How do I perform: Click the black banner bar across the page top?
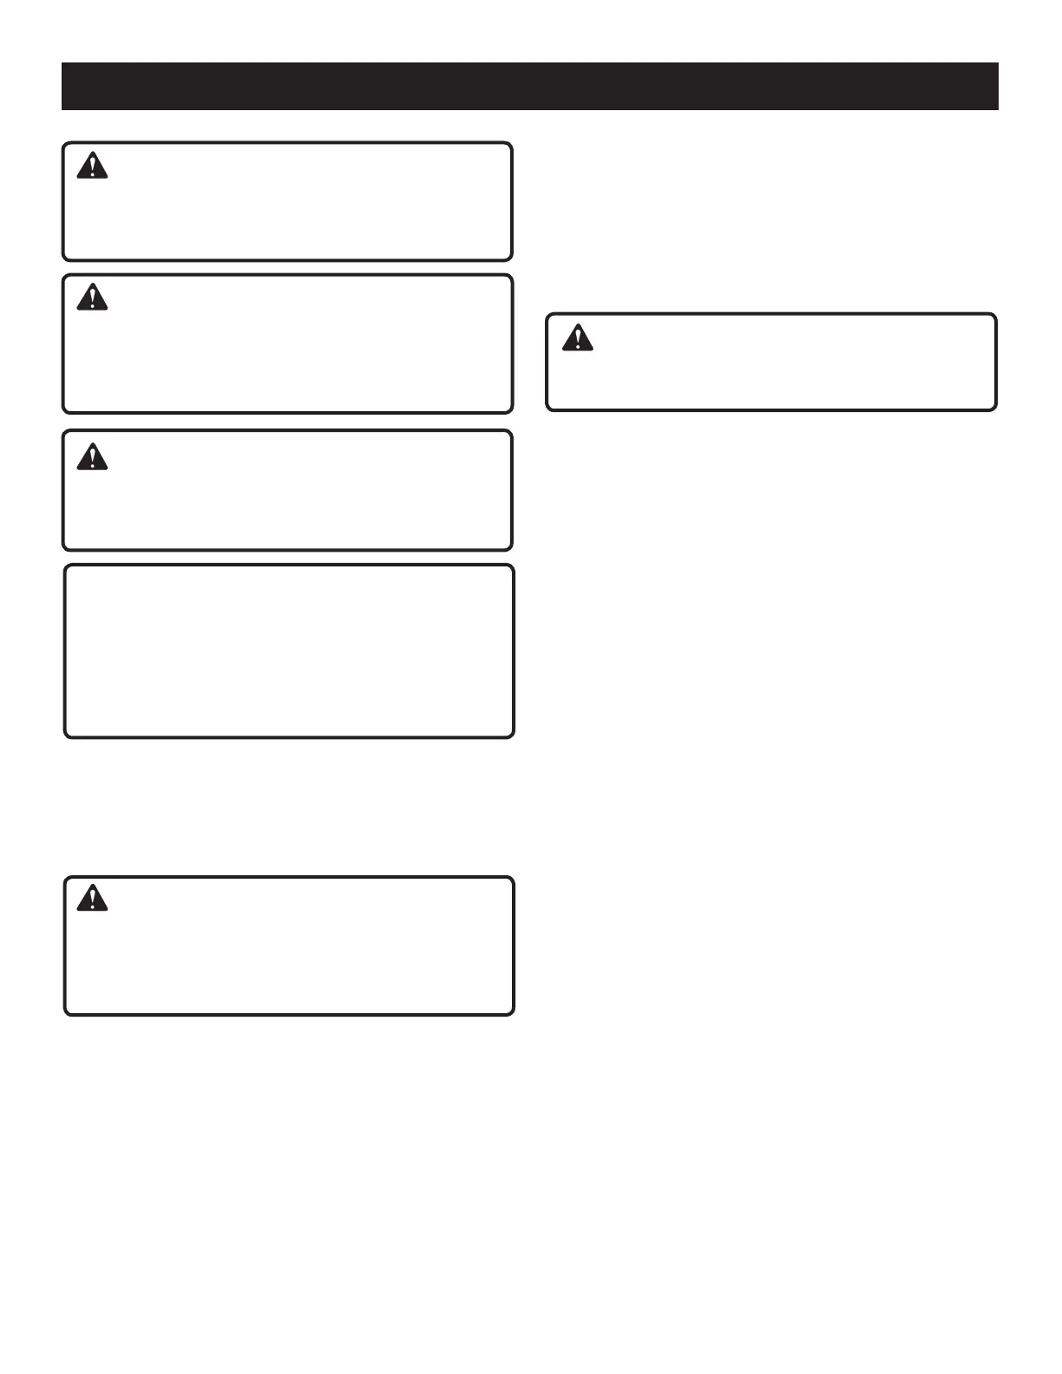tap(529, 86)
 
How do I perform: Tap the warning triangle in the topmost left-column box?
tap(92, 167)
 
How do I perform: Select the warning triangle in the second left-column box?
tap(92, 298)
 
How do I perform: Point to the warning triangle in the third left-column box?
tap(92, 457)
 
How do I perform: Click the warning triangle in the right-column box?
tap(577, 338)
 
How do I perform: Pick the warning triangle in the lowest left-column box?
tap(92, 899)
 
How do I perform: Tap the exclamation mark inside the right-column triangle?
tap(577, 339)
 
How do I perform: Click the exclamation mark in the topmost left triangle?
tap(92, 167)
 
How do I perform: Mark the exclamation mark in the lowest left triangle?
tap(92, 900)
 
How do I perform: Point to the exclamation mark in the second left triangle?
tap(92, 299)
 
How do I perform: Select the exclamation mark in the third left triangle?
tap(92, 458)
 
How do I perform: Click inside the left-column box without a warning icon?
tap(289, 651)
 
